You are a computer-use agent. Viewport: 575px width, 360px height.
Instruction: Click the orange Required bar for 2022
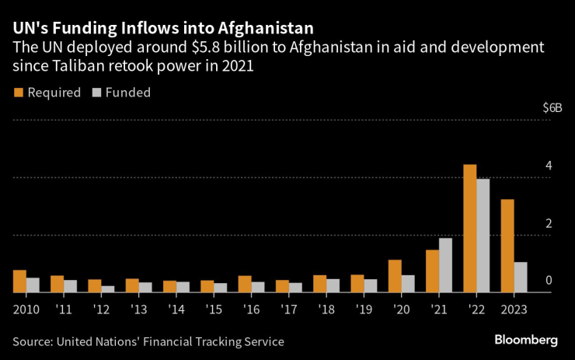pyautogui.click(x=469, y=228)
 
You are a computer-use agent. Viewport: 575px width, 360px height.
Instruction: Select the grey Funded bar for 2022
pyautogui.click(x=483, y=236)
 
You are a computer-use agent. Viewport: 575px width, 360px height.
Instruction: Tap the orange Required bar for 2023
pyautogui.click(x=507, y=246)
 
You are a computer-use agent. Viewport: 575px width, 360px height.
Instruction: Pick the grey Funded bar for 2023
pyautogui.click(x=521, y=277)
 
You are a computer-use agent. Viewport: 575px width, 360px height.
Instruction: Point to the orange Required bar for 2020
pyautogui.click(x=395, y=275)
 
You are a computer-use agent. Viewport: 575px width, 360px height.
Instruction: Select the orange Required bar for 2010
pyautogui.click(x=19, y=281)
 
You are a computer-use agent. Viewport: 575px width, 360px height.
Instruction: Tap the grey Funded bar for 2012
pyautogui.click(x=107, y=288)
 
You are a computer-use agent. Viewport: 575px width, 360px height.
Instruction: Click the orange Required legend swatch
pyautogui.click(x=18, y=93)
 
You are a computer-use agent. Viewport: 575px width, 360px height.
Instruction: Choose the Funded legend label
pyautogui.click(x=127, y=93)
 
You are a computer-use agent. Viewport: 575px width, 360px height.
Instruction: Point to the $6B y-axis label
pyautogui.click(x=552, y=108)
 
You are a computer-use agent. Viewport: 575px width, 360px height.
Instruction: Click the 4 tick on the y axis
pyautogui.click(x=549, y=166)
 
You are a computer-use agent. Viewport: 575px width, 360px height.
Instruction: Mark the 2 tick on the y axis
pyautogui.click(x=549, y=223)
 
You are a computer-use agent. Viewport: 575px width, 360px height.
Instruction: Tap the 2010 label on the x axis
pyautogui.click(x=26, y=309)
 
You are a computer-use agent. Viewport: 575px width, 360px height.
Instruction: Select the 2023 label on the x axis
pyautogui.click(x=514, y=309)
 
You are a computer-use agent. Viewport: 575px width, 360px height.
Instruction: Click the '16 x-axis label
pyautogui.click(x=252, y=309)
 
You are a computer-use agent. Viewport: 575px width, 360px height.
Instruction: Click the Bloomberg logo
pyautogui.click(x=526, y=340)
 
